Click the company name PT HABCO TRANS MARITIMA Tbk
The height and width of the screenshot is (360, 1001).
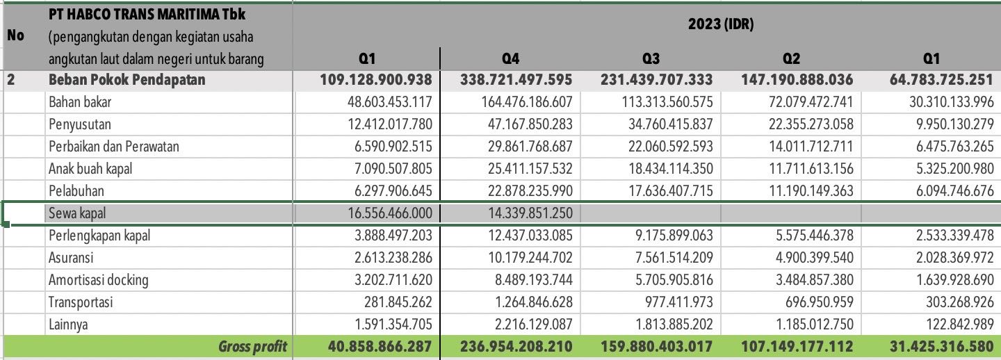[x=147, y=14]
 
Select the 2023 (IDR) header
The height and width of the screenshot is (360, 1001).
[x=721, y=25]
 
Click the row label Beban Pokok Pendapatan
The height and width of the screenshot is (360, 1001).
[x=127, y=80]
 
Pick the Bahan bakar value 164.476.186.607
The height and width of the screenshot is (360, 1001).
[x=527, y=102]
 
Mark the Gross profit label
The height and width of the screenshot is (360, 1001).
[x=252, y=347]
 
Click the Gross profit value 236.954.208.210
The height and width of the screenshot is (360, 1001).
[x=516, y=347]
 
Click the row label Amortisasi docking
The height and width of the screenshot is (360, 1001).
[x=98, y=280]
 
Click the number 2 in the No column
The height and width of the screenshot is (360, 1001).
[x=11, y=80]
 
